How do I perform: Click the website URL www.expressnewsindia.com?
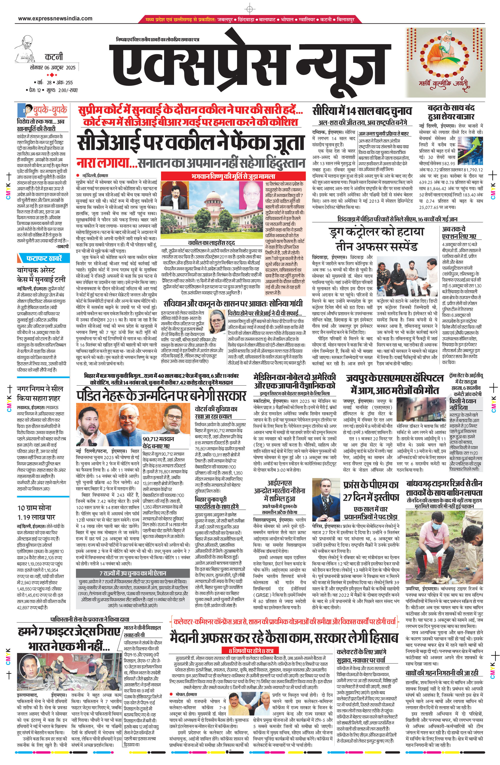tap(55, 19)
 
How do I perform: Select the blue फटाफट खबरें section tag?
tap(44, 258)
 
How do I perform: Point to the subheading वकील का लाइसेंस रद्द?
tap(211, 243)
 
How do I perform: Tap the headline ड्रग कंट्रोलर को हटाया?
tap(376, 232)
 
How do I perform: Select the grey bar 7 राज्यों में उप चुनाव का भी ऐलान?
tap(133, 573)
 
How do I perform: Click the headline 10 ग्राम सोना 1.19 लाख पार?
tap(36, 512)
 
